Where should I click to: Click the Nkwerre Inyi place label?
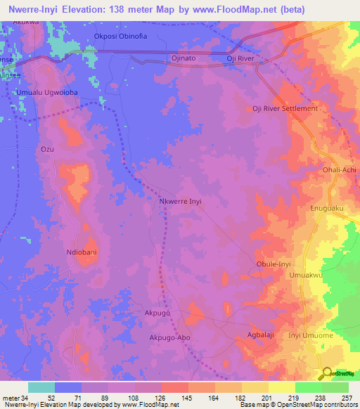click(x=180, y=201)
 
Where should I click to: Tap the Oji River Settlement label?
click(x=285, y=109)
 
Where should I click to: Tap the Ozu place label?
click(x=48, y=150)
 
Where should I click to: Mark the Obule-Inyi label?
click(x=274, y=264)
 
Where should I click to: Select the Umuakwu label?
click(x=306, y=276)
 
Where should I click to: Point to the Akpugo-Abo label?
click(x=169, y=337)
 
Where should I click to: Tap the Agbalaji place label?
click(x=262, y=335)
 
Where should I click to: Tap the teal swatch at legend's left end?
click(x=41, y=387)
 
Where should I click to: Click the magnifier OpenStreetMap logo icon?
click(x=327, y=372)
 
